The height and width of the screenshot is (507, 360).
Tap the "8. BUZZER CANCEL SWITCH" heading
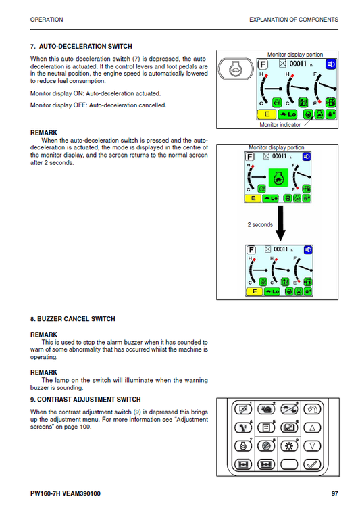point(73,319)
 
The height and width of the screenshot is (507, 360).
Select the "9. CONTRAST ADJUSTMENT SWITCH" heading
point(85,400)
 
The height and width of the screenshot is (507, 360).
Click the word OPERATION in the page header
point(47,20)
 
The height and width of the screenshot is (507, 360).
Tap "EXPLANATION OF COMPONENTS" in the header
point(294,20)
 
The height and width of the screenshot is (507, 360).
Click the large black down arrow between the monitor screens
point(278,224)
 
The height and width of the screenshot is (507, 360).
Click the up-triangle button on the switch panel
point(312,428)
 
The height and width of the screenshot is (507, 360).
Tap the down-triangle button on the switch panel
point(312,446)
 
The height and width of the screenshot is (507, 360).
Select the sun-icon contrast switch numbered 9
point(289,446)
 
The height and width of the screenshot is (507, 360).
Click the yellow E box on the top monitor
point(266,114)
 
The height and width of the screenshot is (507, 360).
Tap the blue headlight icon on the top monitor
point(331,64)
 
